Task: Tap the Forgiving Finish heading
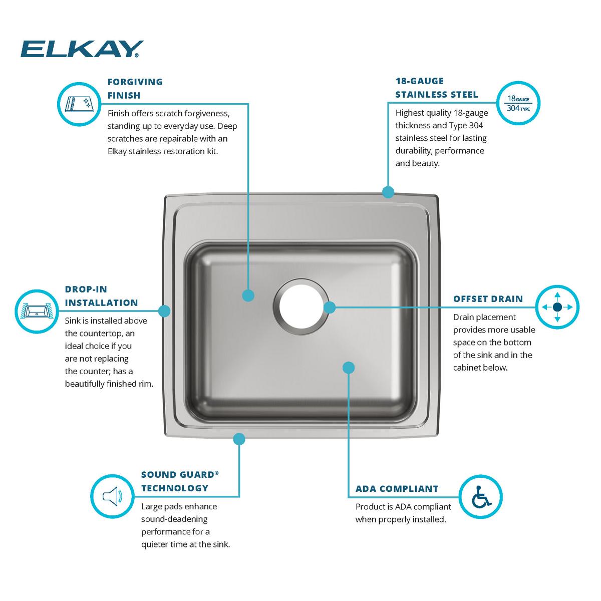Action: (x=135, y=88)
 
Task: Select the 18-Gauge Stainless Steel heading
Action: (x=436, y=88)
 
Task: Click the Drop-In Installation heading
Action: (x=101, y=295)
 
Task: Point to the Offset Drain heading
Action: (x=488, y=299)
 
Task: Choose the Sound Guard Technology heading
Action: (x=180, y=481)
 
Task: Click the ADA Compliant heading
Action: (x=397, y=489)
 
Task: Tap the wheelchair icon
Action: (x=481, y=496)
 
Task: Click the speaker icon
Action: (x=112, y=496)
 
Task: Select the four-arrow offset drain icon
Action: (x=557, y=307)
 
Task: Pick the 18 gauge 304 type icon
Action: (x=518, y=103)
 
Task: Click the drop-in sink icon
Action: (x=37, y=311)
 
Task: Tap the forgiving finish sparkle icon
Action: (x=79, y=104)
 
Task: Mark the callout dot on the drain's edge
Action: (x=330, y=307)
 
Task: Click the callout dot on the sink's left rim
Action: (x=164, y=311)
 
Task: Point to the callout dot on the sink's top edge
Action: (x=388, y=192)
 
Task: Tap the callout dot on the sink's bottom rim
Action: (x=239, y=439)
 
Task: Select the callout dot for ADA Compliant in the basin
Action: (x=349, y=368)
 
